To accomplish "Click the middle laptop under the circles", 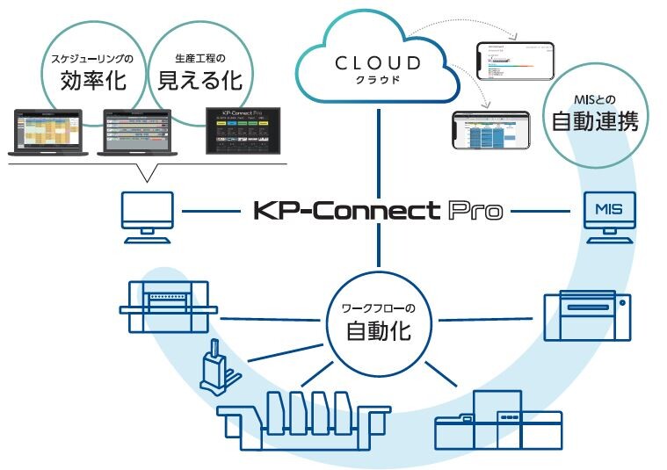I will (x=138, y=133).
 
